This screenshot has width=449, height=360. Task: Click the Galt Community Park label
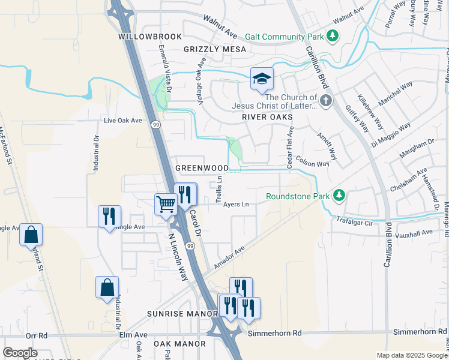[289, 37]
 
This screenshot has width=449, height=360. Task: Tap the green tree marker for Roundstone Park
[339, 195]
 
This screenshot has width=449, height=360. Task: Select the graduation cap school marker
[262, 79]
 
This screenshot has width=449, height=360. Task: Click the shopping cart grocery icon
[165, 204]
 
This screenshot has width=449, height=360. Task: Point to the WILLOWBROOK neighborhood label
[149, 37]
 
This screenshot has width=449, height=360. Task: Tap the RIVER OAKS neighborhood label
[267, 117]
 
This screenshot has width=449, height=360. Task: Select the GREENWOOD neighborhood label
[202, 168]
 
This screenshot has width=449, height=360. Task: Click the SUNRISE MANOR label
[182, 314]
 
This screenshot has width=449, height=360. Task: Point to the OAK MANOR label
[179, 344]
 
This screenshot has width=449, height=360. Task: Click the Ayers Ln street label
[236, 204]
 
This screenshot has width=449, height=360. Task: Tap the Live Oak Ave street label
[122, 121]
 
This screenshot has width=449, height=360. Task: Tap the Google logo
[20, 353]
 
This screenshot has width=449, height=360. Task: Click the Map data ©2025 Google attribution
[412, 355]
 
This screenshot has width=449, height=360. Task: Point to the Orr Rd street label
[36, 336]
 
